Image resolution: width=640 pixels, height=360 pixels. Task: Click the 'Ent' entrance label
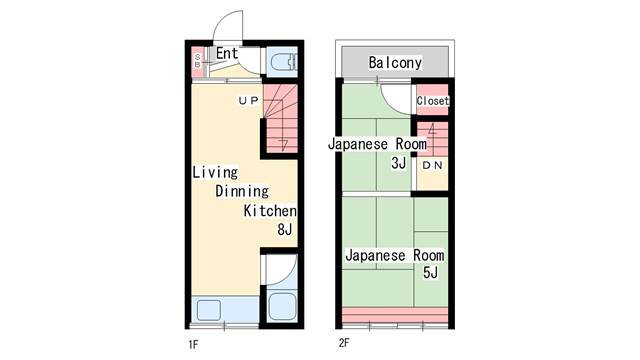click(227, 53)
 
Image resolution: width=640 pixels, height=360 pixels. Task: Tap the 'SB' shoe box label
click(198, 61)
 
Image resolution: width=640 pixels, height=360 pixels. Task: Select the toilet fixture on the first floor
click(283, 62)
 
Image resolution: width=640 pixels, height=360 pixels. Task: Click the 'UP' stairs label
click(248, 100)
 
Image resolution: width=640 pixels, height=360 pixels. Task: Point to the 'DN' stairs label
click(432, 165)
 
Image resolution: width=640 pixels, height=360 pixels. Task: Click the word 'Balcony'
click(395, 62)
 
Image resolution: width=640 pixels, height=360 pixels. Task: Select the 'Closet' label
click(433, 100)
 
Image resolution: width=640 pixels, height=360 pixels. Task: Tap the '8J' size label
click(285, 229)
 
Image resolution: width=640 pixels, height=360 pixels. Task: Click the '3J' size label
click(399, 163)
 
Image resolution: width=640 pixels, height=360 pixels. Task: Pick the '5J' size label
click(430, 272)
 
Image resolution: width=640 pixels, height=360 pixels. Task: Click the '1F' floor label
click(193, 345)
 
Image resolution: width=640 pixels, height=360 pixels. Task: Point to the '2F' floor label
click(344, 343)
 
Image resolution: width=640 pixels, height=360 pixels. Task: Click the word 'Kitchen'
click(270, 211)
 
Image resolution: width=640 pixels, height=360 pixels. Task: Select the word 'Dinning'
click(242, 191)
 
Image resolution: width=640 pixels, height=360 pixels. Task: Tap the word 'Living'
click(215, 172)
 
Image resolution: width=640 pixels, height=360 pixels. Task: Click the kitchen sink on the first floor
click(209, 310)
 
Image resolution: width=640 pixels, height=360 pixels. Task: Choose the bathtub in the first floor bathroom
click(282, 306)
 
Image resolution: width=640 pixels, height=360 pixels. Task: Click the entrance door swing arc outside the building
click(222, 19)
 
